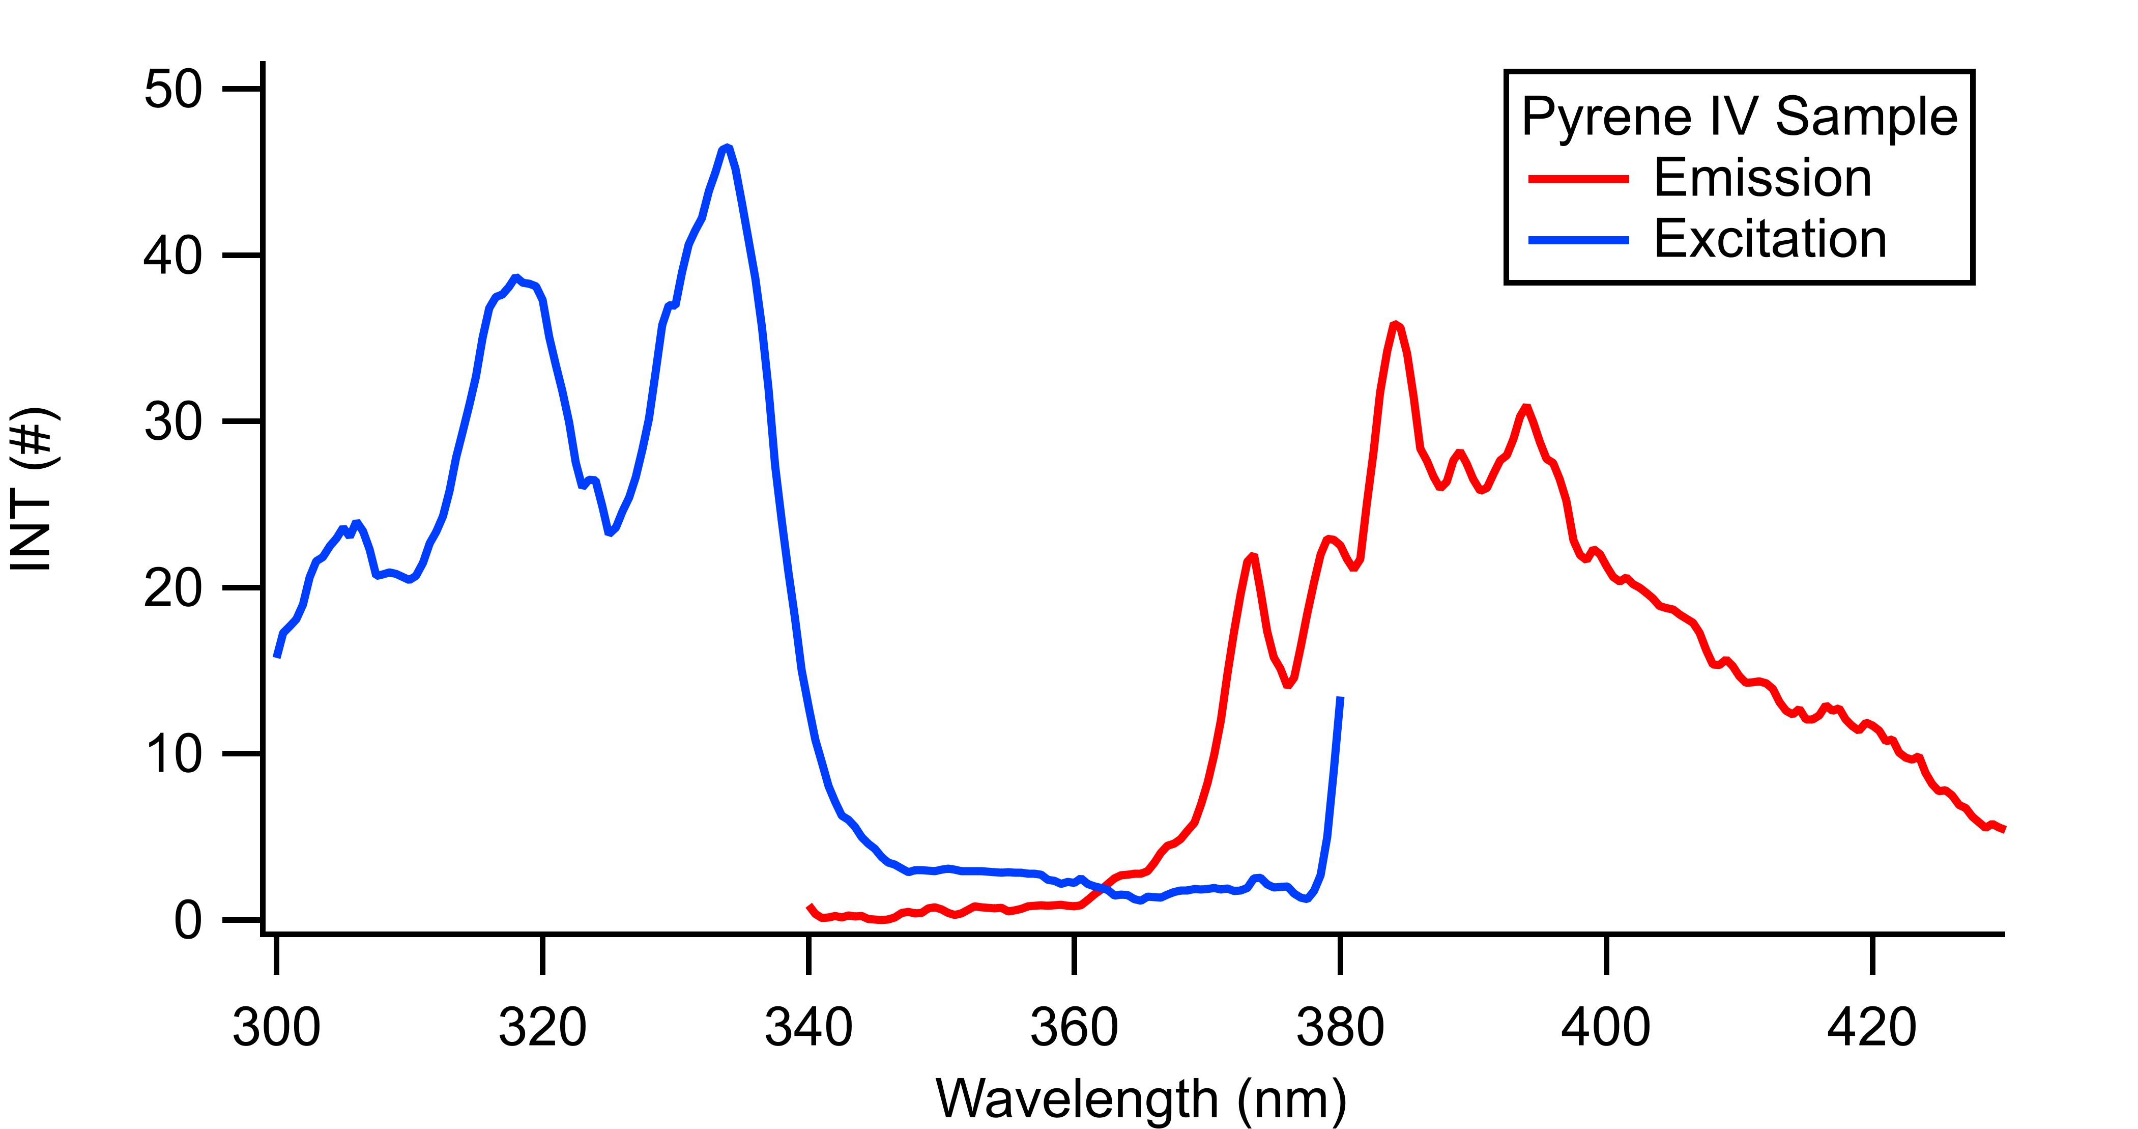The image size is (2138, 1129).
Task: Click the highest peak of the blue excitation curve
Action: click(727, 148)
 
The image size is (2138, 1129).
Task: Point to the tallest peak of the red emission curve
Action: click(1396, 325)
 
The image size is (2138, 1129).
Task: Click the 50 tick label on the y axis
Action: click(172, 89)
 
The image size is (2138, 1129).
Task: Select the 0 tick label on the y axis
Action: click(188, 920)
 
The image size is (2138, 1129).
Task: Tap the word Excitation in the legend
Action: click(1770, 239)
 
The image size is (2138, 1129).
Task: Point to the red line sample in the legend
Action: click(1579, 179)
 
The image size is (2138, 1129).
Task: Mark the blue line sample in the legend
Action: click(1579, 240)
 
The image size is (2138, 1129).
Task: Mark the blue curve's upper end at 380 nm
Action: click(1340, 699)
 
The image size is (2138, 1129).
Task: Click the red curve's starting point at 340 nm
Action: click(810, 907)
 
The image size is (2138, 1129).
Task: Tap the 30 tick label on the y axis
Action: click(172, 421)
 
